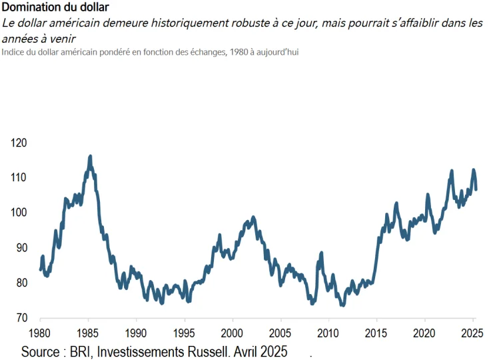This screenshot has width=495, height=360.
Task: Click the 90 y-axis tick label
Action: [x=21, y=248]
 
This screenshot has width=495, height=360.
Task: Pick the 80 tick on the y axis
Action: [x=21, y=283]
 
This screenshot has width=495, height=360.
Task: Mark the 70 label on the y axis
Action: [x=21, y=318]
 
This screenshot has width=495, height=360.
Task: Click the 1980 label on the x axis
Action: [x=40, y=333]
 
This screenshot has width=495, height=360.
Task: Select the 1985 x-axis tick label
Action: [x=88, y=333]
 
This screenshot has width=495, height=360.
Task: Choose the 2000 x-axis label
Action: [x=233, y=333]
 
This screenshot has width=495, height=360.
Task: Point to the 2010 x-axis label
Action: [x=329, y=333]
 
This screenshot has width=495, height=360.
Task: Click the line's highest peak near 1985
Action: [x=90, y=157]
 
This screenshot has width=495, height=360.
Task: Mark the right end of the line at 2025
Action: [x=476, y=189]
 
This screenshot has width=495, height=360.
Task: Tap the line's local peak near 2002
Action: [x=253, y=217]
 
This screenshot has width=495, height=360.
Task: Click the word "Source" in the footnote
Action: [x=41, y=351]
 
